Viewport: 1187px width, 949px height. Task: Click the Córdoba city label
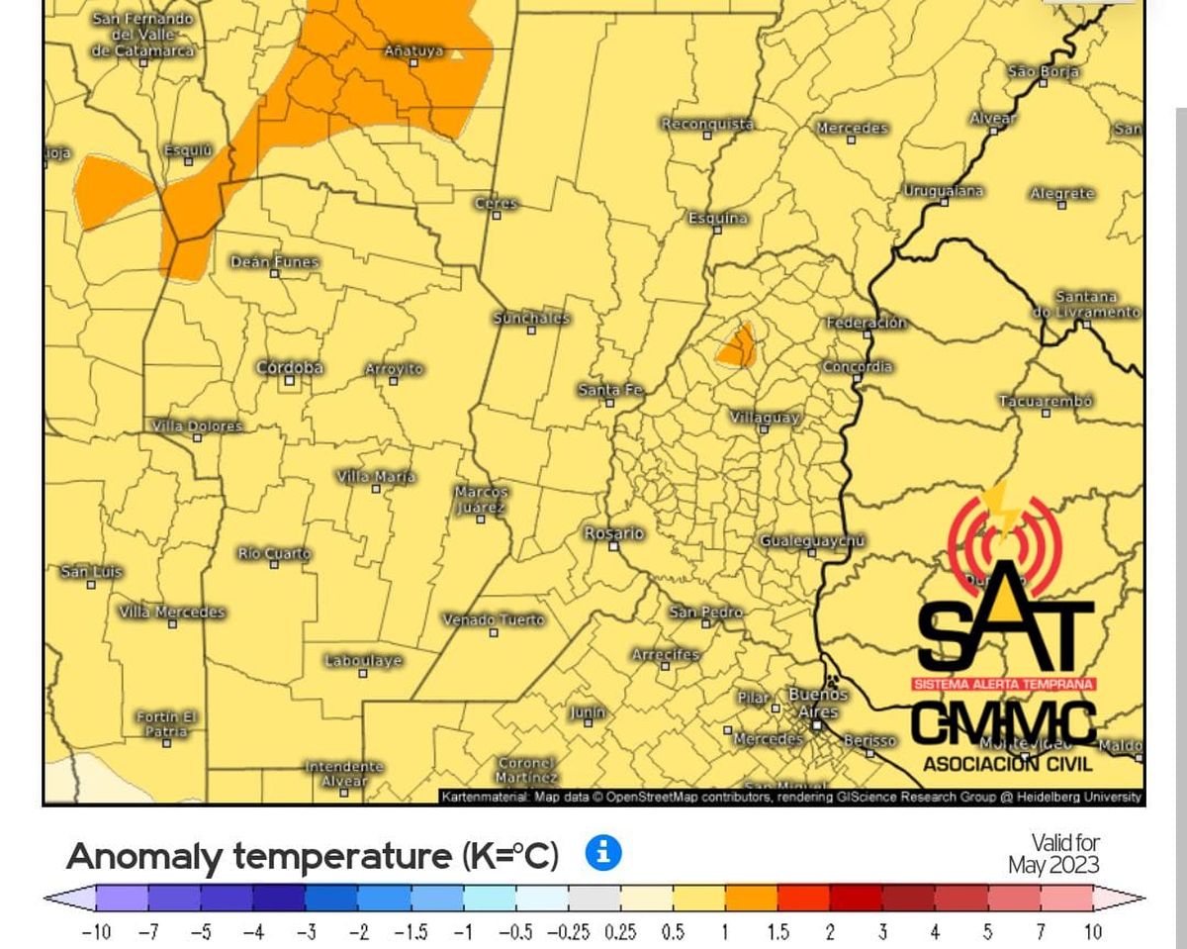click(290, 367)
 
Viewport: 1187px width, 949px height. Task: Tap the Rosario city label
click(613, 533)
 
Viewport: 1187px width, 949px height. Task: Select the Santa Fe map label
click(610, 390)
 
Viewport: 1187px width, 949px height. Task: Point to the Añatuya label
click(413, 50)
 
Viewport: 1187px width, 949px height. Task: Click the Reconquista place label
click(707, 124)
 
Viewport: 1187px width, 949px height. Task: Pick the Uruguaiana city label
click(943, 190)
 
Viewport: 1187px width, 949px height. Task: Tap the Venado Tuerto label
click(493, 619)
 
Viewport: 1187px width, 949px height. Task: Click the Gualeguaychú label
click(812, 540)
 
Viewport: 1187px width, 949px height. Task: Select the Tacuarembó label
click(1046, 401)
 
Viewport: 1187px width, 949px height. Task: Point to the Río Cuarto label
click(274, 553)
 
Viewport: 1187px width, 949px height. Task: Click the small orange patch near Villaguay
click(736, 345)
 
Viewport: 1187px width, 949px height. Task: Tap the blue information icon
click(602, 852)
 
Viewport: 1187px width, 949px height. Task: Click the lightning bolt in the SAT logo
click(1006, 510)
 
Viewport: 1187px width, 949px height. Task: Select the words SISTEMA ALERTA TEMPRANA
click(1003, 684)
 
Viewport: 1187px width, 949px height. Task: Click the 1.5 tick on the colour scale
click(777, 932)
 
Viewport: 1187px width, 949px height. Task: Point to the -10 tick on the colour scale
click(95, 932)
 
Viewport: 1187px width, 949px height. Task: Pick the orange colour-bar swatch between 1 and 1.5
click(751, 899)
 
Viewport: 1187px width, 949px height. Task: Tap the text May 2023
click(1053, 865)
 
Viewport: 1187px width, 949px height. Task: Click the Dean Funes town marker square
click(275, 273)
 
